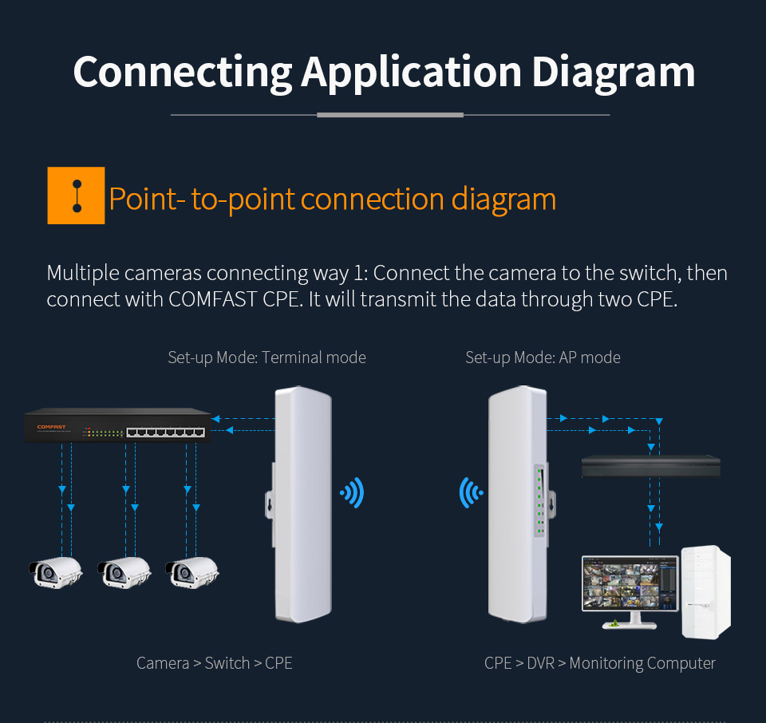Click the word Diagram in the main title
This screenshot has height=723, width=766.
pyautogui.click(x=613, y=72)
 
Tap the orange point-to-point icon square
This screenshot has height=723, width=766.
pyautogui.click(x=77, y=196)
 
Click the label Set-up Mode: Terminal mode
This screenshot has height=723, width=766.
pyautogui.click(x=267, y=358)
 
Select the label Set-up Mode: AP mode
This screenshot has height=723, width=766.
pyautogui.click(x=543, y=358)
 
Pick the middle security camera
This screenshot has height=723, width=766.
pyautogui.click(x=124, y=571)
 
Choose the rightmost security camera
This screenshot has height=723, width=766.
pyautogui.click(x=191, y=571)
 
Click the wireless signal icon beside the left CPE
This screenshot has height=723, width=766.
pyautogui.click(x=353, y=493)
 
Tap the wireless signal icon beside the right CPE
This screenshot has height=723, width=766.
pyautogui.click(x=471, y=493)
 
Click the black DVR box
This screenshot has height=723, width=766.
pyautogui.click(x=650, y=466)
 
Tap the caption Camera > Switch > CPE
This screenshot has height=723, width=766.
pyautogui.click(x=214, y=663)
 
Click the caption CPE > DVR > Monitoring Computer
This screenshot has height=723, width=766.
pyautogui.click(x=599, y=663)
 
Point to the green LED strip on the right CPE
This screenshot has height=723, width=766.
pyautogui.click(x=541, y=503)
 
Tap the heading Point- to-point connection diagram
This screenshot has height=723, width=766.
pyautogui.click(x=332, y=199)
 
